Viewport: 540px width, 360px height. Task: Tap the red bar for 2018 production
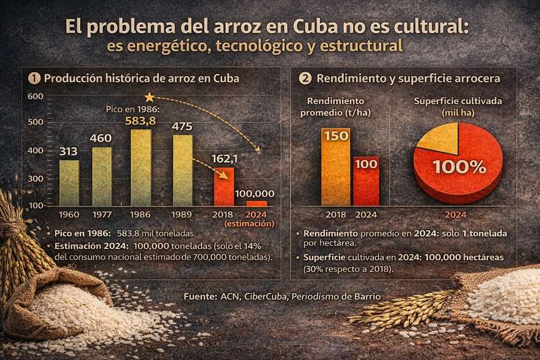coord(224,186)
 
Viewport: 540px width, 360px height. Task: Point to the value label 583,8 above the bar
coord(141,120)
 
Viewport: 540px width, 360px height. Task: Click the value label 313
coord(69,150)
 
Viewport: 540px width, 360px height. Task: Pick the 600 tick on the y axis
coord(36,96)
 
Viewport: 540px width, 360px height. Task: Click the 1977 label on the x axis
coord(101,214)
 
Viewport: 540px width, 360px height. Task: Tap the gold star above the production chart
coord(148,97)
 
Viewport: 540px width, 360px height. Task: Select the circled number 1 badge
coord(34,79)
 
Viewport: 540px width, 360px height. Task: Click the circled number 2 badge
coord(305,78)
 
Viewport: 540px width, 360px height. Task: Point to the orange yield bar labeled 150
coord(335,167)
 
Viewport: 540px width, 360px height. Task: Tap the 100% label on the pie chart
coord(458,167)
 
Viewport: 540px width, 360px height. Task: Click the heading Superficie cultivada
coord(458,101)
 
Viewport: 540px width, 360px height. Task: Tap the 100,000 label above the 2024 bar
coord(255,193)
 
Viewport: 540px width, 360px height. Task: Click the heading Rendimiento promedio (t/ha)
coord(335,106)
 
